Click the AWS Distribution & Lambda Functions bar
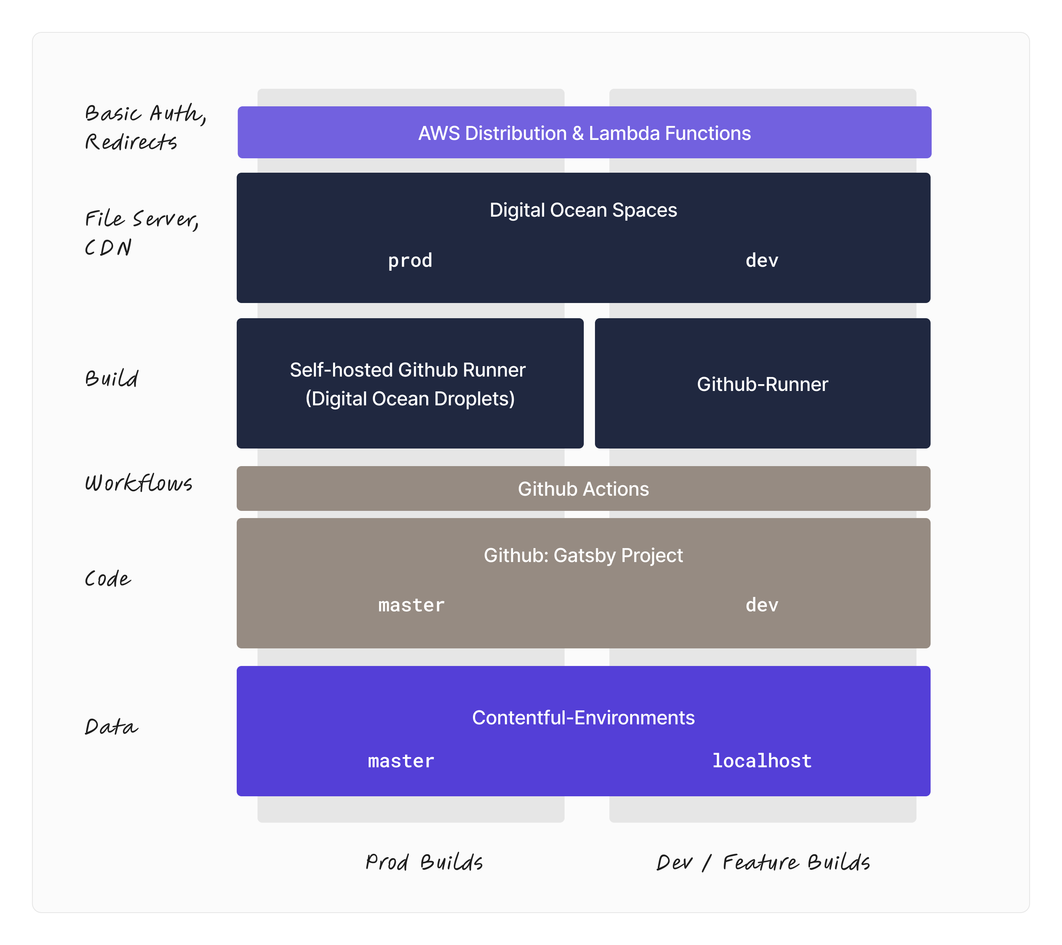point(584,133)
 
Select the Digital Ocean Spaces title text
point(583,210)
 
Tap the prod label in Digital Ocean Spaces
point(410,260)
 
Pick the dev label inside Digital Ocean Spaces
point(762,260)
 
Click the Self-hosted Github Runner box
point(409,384)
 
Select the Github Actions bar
point(583,489)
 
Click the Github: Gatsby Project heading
point(583,555)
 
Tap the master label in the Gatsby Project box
point(411,605)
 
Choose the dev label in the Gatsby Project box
point(762,605)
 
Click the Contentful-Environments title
point(583,718)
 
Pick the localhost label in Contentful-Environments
point(762,761)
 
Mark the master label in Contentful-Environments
point(401,761)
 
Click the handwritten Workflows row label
point(138,483)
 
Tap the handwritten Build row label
point(112,378)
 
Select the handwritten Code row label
point(108,579)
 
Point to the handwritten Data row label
point(111,726)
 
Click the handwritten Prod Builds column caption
point(424,862)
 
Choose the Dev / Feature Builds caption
point(763,862)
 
